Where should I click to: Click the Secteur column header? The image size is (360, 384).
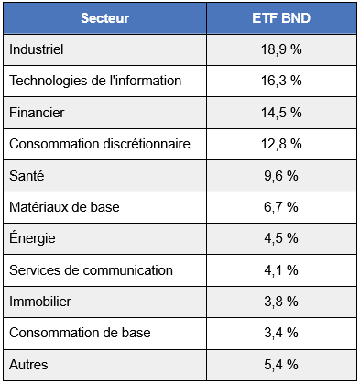pyautogui.click(x=104, y=18)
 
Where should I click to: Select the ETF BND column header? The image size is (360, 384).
pyautogui.click(x=280, y=18)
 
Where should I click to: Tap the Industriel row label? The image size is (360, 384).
pyautogui.click(x=36, y=49)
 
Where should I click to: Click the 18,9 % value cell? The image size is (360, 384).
pyautogui.click(x=280, y=49)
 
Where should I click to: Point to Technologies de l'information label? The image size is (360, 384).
pyautogui.click(x=95, y=81)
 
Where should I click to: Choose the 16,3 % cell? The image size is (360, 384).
pyautogui.click(x=280, y=81)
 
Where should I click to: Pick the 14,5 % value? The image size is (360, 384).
pyautogui.click(x=280, y=112)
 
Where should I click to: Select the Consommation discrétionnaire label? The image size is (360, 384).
pyautogui.click(x=100, y=143)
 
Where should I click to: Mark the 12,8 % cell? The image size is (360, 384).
pyautogui.click(x=280, y=143)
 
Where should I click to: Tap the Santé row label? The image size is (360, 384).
pyautogui.click(x=27, y=175)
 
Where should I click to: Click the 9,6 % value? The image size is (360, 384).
pyautogui.click(x=280, y=175)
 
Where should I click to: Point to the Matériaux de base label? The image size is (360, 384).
pyautogui.click(x=64, y=207)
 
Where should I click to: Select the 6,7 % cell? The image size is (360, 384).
pyautogui.click(x=280, y=207)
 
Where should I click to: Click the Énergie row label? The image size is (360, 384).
pyautogui.click(x=32, y=238)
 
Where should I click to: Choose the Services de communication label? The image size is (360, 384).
pyautogui.click(x=91, y=270)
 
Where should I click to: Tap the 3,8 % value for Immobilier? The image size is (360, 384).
pyautogui.click(x=280, y=302)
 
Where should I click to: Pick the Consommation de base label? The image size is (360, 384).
pyautogui.click(x=80, y=333)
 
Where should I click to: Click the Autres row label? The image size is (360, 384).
pyautogui.click(x=28, y=365)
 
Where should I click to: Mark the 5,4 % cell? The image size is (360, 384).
pyautogui.click(x=280, y=365)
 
